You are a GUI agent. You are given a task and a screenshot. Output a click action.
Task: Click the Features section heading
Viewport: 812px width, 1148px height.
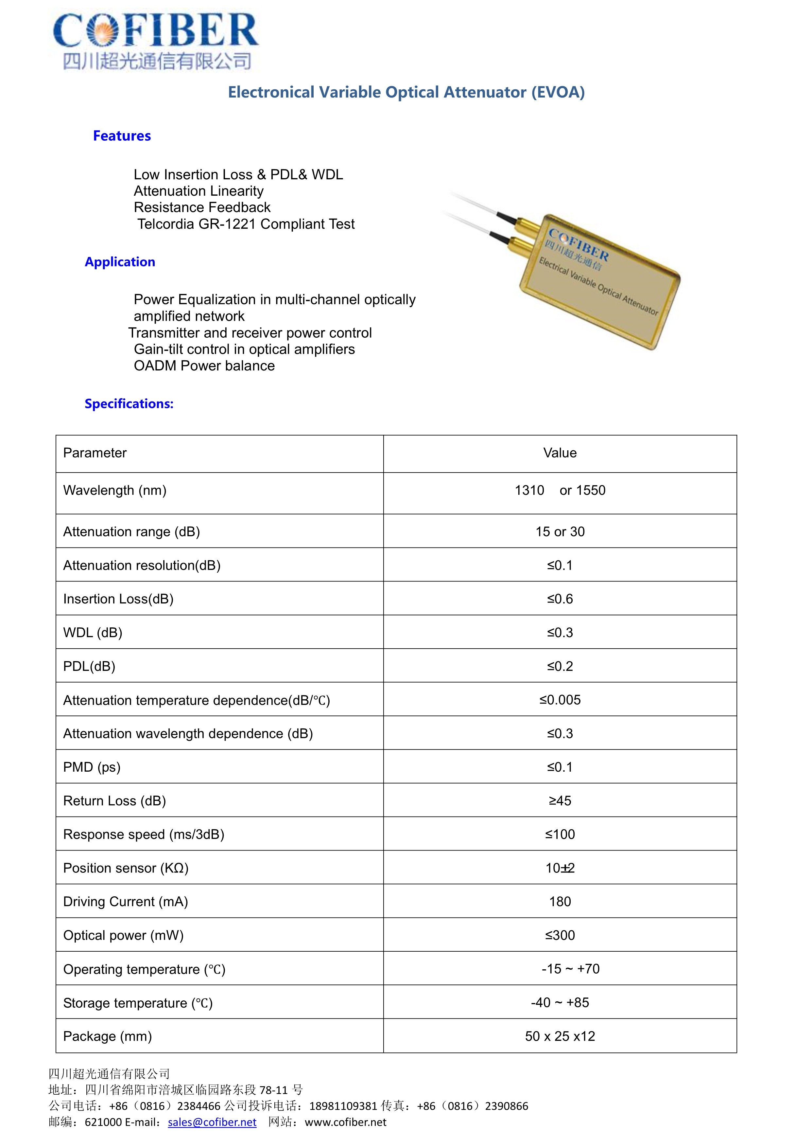pos(122,136)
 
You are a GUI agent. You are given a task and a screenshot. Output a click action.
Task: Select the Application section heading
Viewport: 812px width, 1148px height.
pos(120,262)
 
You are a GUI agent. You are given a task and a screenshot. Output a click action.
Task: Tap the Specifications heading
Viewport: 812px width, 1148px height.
pos(129,404)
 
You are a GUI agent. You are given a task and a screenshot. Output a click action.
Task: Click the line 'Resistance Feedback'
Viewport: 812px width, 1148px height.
pos(202,207)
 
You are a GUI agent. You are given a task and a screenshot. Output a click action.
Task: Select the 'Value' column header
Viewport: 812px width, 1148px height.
pos(560,453)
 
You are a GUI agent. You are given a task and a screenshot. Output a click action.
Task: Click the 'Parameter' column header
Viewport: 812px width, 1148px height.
pos(95,453)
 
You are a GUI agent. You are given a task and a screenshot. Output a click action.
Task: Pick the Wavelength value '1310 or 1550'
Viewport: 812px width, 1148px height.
pos(560,490)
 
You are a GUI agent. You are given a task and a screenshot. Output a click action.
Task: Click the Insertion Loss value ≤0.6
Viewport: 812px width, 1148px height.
pos(560,599)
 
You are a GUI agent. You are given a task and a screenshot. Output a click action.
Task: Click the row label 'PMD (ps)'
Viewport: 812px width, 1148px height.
pos(92,767)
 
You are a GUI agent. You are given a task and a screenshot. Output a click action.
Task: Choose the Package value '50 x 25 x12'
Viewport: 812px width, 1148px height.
pos(560,1036)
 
